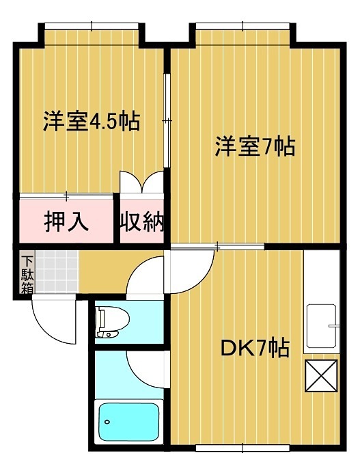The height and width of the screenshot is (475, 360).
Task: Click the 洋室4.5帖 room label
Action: point(92,121)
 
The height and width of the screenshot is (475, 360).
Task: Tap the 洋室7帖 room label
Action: point(255,146)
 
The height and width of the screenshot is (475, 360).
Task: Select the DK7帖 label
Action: point(253,349)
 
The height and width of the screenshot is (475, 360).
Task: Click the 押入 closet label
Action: point(66,222)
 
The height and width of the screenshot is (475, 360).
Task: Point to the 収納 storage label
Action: point(143,222)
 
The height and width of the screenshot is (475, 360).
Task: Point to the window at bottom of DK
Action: point(242,448)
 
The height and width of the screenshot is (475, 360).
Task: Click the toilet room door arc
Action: point(147,277)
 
